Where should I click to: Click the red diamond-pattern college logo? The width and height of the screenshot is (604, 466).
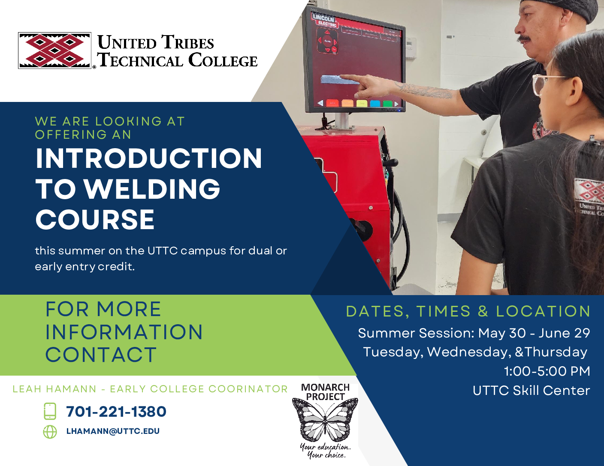point(54,51)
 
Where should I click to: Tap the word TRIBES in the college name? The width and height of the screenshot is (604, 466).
point(187,43)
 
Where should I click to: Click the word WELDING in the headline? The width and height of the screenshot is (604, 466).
point(152,189)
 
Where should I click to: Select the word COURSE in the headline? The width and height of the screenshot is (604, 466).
point(95,220)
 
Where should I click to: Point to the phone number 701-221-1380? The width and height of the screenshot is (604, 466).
point(116,412)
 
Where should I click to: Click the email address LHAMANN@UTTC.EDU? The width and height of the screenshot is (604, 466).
point(113,431)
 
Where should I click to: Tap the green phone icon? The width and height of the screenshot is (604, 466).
point(50,411)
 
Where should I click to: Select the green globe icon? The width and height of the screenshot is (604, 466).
point(50,432)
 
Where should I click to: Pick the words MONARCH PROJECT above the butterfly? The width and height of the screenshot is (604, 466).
point(325,392)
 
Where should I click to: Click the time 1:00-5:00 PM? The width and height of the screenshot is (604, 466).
point(547,371)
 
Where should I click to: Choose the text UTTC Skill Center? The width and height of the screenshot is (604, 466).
point(531,391)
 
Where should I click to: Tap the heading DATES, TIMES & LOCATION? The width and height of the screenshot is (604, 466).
point(468,311)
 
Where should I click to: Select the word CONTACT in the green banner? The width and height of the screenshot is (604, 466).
point(101,355)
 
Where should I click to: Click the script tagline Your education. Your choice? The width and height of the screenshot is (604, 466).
point(325,451)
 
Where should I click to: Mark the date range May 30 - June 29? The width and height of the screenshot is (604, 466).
point(534,333)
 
